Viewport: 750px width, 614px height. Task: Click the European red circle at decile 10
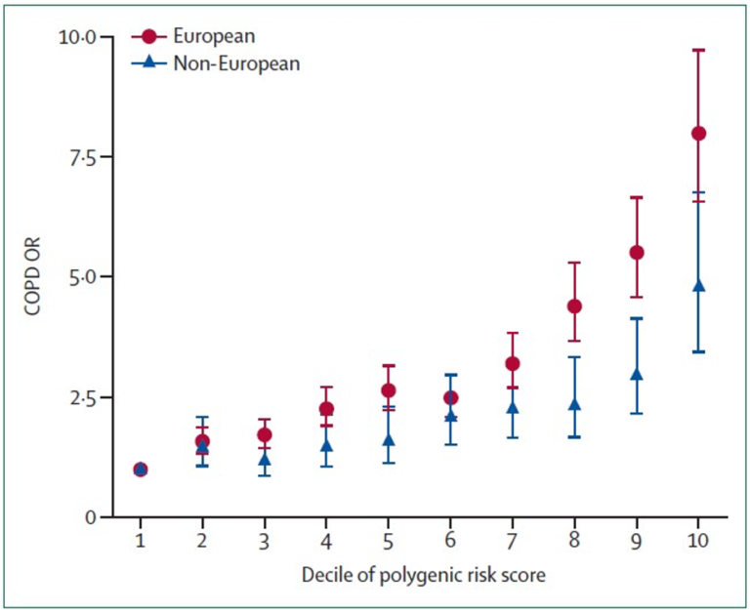click(698, 134)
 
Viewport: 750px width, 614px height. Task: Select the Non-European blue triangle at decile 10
click(698, 286)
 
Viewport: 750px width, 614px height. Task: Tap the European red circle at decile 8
click(574, 306)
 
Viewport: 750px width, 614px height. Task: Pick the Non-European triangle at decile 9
click(636, 375)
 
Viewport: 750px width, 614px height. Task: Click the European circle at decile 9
click(636, 252)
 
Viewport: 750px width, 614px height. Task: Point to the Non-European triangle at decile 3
click(264, 460)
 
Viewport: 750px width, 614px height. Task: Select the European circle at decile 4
click(326, 408)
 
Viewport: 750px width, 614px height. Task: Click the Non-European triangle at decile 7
click(512, 407)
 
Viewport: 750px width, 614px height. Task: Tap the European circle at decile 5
click(388, 390)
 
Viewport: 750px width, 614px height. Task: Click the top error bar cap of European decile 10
click(698, 50)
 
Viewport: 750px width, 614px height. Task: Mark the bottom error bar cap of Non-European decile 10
click(698, 351)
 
